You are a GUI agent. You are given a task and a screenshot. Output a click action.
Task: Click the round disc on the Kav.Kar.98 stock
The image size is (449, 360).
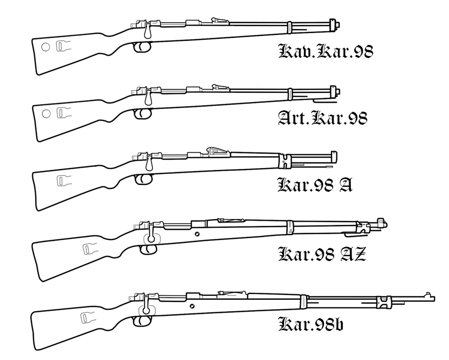(45, 47)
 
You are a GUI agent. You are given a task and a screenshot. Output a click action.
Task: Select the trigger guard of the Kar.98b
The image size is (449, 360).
(144, 321)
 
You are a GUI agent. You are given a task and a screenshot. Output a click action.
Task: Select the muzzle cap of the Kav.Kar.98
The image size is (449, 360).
(335, 23)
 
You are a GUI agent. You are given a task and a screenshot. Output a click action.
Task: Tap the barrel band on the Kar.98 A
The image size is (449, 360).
(283, 160)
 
